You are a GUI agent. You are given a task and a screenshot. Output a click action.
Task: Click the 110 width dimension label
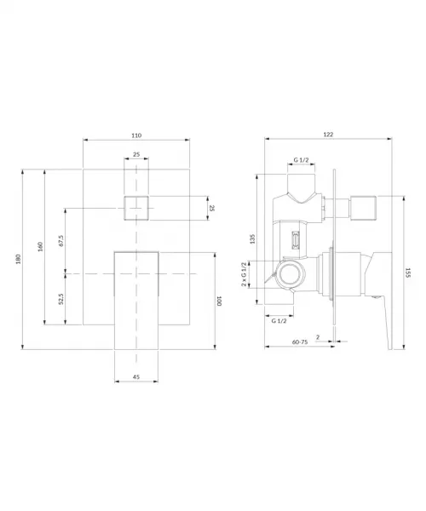(136, 135)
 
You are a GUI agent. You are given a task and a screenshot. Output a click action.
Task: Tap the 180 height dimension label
(18, 259)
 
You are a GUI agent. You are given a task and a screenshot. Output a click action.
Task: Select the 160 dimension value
(40, 247)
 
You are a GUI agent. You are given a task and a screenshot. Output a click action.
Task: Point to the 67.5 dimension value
(61, 241)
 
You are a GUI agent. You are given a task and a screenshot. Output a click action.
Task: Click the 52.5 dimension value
(61, 299)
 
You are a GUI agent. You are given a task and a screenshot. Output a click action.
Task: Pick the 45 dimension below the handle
(136, 376)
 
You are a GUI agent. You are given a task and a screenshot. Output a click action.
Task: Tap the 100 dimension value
(219, 301)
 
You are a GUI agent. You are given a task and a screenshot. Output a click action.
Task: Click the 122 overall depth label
(328, 135)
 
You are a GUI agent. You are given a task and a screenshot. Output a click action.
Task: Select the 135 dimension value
(252, 238)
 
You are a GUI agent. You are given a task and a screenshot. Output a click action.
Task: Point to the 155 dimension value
(408, 273)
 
